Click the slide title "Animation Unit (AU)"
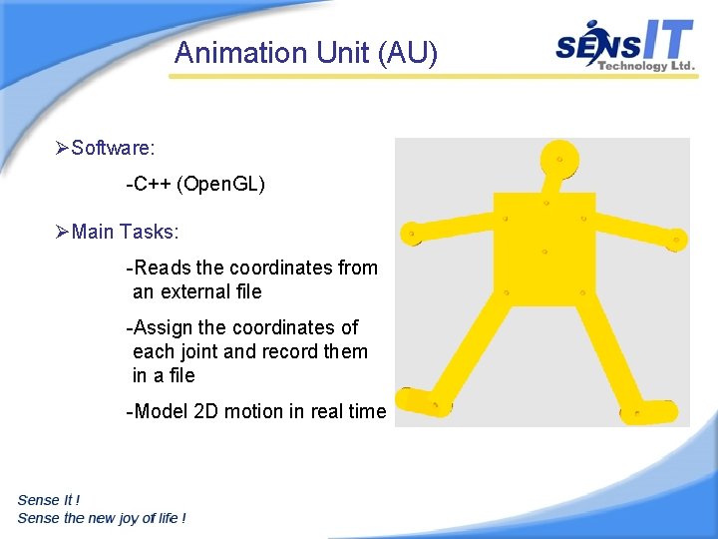(305, 53)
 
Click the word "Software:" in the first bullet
(113, 149)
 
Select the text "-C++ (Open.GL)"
(195, 185)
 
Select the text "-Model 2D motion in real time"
(255, 411)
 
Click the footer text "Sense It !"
(49, 500)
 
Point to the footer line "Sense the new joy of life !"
(101, 518)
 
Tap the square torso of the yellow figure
(544, 249)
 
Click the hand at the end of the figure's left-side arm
(410, 234)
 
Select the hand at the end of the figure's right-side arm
(676, 240)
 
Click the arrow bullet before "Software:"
(62, 149)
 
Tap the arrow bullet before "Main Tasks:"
(62, 233)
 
